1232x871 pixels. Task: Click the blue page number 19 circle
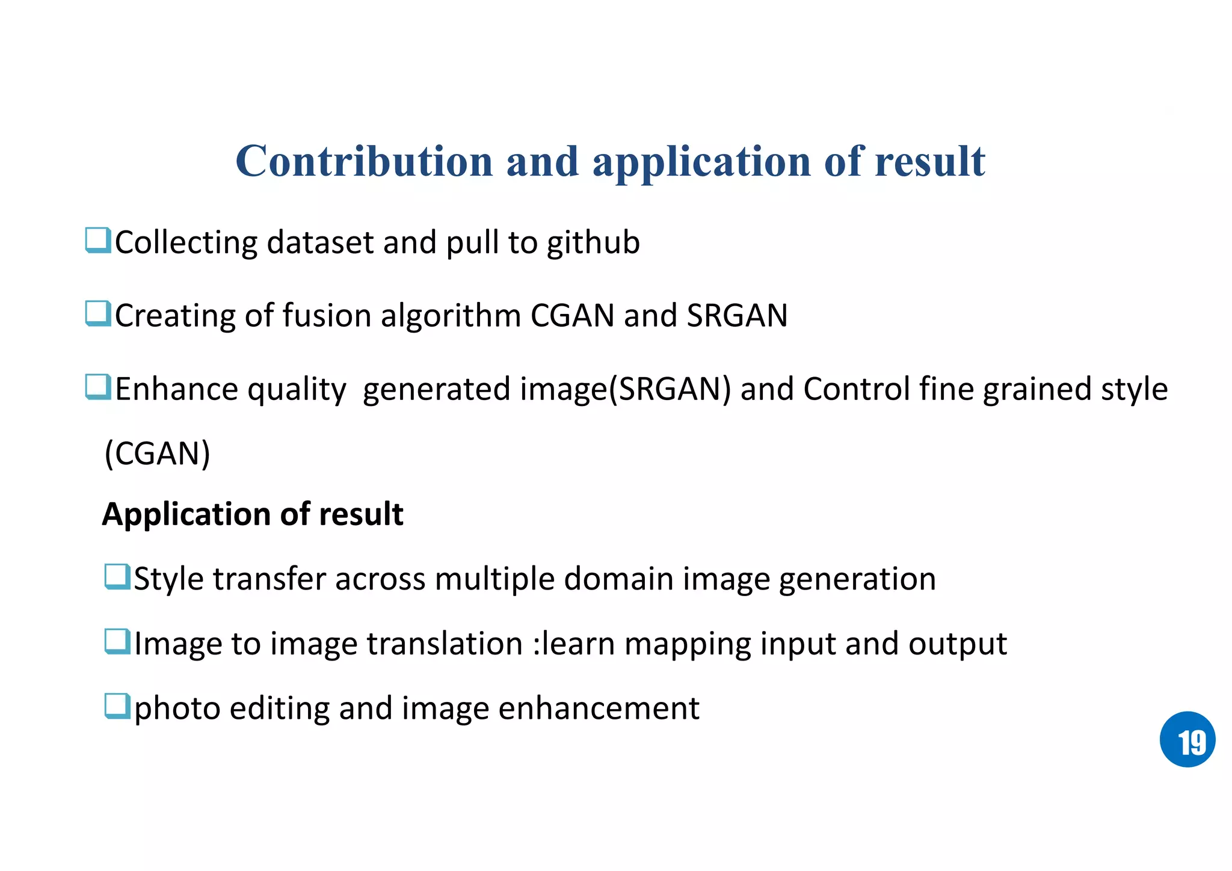(1187, 739)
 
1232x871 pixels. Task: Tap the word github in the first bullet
(593, 243)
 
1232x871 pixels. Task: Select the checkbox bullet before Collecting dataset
(98, 241)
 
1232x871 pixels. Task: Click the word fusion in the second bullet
(327, 316)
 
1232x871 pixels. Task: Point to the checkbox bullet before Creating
(98, 314)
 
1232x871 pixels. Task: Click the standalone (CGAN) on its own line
(157, 454)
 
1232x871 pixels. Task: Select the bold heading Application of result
(253, 514)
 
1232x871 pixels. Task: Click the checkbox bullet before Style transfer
(117, 577)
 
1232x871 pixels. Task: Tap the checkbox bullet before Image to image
(117, 641)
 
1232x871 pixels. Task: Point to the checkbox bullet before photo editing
(117, 706)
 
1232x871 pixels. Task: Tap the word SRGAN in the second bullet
(737, 316)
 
